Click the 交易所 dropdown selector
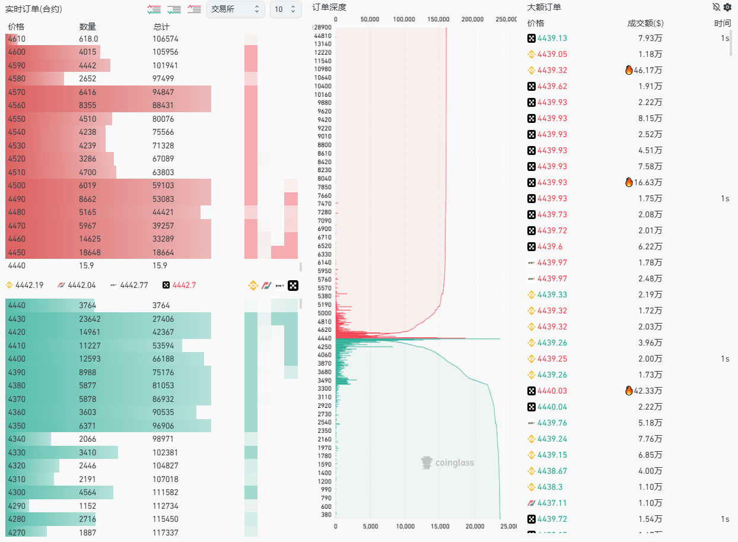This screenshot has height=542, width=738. [x=235, y=9]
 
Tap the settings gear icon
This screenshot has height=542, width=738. [x=727, y=7]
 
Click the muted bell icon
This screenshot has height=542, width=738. [x=716, y=7]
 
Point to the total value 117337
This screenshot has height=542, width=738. [x=165, y=533]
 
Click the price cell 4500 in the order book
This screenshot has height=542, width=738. [x=17, y=185]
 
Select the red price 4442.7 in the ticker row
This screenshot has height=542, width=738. [x=184, y=285]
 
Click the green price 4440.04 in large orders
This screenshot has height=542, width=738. [x=552, y=407]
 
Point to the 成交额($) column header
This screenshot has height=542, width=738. [x=645, y=23]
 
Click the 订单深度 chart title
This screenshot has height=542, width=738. [x=329, y=7]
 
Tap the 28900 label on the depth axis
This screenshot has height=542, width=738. [x=322, y=27]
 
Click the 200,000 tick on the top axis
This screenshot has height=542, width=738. [x=472, y=19]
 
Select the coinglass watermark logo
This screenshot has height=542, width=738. [x=448, y=462]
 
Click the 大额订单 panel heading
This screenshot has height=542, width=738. [x=544, y=7]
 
